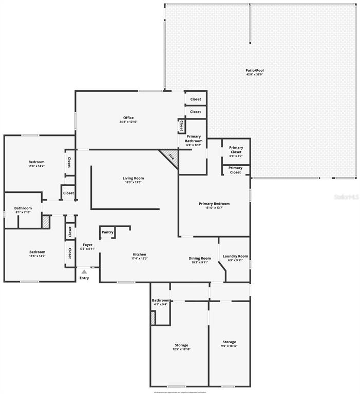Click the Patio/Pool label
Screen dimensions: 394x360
tap(255, 72)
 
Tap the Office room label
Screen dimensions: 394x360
tap(128, 120)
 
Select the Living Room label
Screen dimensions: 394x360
tap(133, 180)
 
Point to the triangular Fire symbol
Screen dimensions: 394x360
tap(170, 157)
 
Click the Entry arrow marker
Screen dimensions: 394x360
tap(84, 272)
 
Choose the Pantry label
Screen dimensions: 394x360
tap(107, 232)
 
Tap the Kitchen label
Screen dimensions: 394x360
tap(140, 256)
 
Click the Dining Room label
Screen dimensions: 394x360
tap(200, 260)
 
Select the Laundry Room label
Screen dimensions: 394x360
tap(235, 258)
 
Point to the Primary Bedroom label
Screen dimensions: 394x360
tap(214, 205)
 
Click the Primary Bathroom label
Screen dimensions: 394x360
tap(194, 141)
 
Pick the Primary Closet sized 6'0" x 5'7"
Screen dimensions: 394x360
tap(236, 150)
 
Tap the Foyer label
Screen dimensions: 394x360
tap(88, 247)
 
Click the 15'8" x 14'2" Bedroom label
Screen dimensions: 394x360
tap(36, 164)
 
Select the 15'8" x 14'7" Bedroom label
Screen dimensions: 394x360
tap(37, 253)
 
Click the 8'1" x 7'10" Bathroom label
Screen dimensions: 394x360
tap(23, 210)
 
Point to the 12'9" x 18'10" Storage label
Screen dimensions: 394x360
tap(181, 347)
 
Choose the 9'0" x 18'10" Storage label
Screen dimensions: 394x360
tap(229, 344)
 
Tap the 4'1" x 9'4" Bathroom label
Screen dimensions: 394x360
tap(161, 302)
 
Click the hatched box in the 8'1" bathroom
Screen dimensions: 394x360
tap(46, 222)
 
